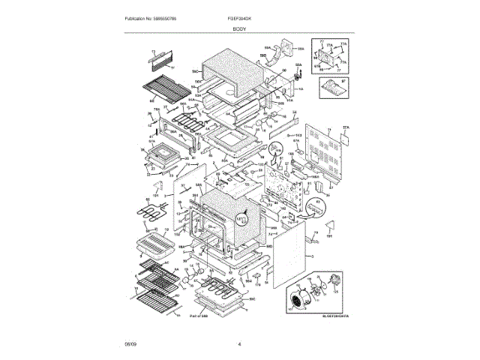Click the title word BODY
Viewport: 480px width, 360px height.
point(240,28)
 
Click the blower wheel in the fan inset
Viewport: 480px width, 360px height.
point(298,301)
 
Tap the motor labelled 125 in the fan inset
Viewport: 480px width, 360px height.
point(322,288)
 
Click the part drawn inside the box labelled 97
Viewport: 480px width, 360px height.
point(332,91)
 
